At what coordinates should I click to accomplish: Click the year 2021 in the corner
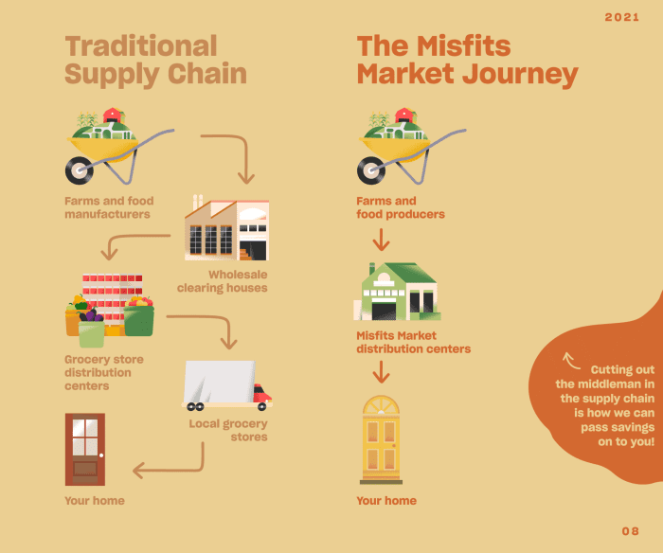click(621, 17)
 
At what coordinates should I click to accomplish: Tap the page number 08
click(631, 531)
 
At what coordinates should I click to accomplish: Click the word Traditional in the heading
click(141, 45)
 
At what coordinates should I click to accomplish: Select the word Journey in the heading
click(520, 75)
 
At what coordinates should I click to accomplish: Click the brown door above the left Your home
click(85, 449)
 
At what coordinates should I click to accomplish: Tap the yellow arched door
click(381, 439)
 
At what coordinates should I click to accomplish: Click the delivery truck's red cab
click(262, 394)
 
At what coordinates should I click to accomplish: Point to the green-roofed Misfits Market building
click(397, 292)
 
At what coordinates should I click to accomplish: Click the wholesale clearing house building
click(226, 228)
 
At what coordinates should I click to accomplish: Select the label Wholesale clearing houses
click(223, 281)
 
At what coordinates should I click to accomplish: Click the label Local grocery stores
click(228, 430)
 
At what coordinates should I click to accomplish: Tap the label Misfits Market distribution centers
click(414, 342)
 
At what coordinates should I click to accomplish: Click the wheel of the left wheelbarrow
click(80, 170)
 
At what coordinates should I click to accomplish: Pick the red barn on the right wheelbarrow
click(405, 115)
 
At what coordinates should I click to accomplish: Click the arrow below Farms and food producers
click(381, 240)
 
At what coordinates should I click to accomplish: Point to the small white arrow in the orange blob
click(571, 361)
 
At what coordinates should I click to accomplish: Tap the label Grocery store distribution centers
click(104, 372)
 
